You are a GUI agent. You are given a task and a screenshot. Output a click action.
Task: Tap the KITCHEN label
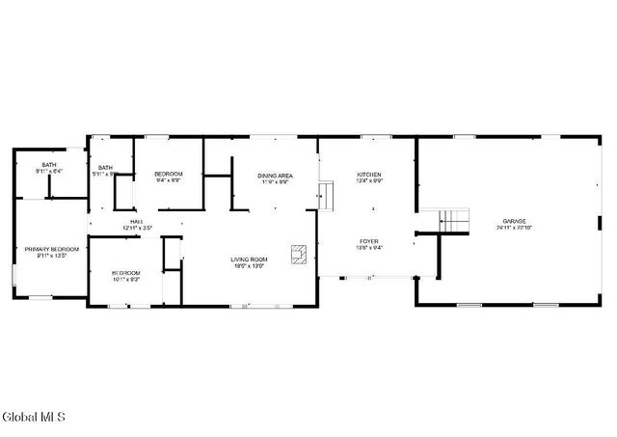tap(369, 174)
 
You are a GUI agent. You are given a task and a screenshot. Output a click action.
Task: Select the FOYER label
tap(369, 241)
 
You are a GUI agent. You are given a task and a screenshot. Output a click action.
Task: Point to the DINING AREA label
tap(275, 175)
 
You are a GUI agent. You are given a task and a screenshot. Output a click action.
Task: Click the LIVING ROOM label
tap(248, 259)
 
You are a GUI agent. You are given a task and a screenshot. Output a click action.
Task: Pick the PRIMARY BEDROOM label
tap(45, 249)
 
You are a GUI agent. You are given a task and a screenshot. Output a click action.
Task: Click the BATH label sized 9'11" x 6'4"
tap(48, 165)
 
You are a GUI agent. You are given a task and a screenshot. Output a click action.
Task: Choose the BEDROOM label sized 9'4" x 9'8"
tap(169, 174)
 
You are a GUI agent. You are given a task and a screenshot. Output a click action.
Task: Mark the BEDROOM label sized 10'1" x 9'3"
tap(125, 273)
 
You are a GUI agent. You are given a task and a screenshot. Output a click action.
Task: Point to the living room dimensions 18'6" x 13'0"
tap(248, 266)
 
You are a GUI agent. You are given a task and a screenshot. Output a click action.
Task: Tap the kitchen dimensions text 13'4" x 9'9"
tap(369, 180)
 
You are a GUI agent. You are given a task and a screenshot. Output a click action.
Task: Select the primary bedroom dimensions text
tap(45, 256)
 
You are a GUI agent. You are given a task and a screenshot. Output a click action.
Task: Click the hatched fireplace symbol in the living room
tap(301, 255)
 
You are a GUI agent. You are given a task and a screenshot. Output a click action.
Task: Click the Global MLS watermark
tap(34, 418)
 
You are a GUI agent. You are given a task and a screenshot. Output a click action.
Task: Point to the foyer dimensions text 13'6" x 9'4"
tap(369, 248)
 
